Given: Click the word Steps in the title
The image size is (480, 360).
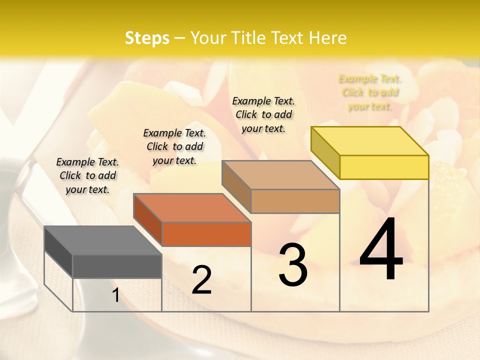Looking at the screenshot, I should point(147,38).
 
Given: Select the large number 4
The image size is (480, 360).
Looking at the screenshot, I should point(381,250).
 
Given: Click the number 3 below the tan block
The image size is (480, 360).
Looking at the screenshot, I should point(293,265).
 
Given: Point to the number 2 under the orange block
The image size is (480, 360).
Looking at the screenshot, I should point(201,280).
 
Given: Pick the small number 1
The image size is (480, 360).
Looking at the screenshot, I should point(115,295).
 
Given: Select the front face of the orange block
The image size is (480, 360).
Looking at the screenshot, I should point(206,234).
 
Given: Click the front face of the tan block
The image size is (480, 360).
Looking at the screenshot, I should point(295,201).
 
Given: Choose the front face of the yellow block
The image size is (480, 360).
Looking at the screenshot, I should point(384,167).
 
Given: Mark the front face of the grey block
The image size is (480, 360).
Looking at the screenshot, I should point(117,266).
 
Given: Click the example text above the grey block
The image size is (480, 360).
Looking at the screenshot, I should point(87,175).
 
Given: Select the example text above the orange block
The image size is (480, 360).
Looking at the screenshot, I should point(174,146).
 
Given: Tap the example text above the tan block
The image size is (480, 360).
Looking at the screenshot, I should point(263,114).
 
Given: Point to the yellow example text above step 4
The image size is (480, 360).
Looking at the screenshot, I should point(370,92).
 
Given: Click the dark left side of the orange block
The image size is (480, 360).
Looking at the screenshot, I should point(148,220).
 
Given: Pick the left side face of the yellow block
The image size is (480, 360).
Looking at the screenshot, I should point(325,152).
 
